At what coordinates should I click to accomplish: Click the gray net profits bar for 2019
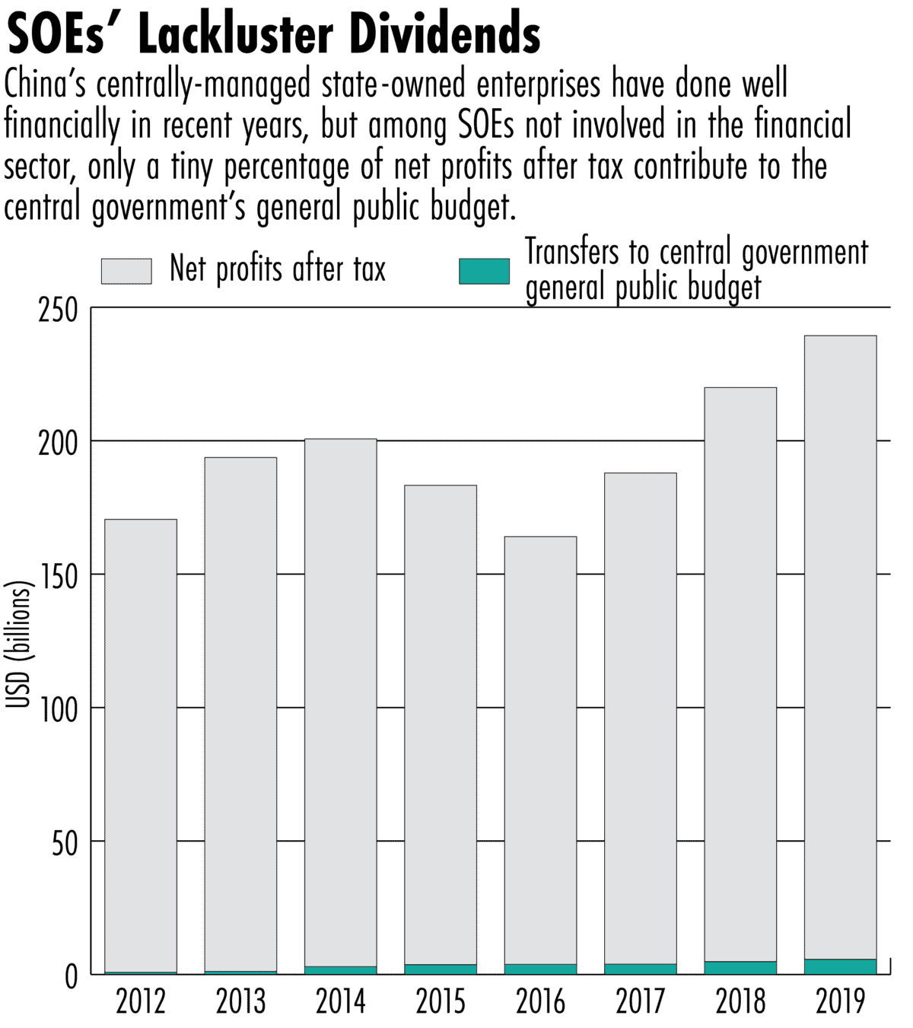click(x=839, y=647)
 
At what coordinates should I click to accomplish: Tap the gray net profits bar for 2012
click(x=140, y=746)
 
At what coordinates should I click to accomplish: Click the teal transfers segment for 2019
click(x=839, y=966)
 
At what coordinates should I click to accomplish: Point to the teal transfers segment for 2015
click(x=441, y=969)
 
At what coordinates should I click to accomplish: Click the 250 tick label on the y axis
click(x=58, y=310)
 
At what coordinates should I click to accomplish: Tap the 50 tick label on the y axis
click(x=65, y=844)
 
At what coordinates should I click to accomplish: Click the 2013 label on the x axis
click(x=240, y=1001)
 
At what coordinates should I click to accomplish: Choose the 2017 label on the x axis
click(x=641, y=1001)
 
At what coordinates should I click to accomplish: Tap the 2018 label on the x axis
click(x=740, y=1001)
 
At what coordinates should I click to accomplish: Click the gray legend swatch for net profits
click(x=126, y=271)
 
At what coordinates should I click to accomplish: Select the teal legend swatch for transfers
click(x=484, y=271)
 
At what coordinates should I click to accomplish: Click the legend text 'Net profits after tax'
click(x=278, y=269)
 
